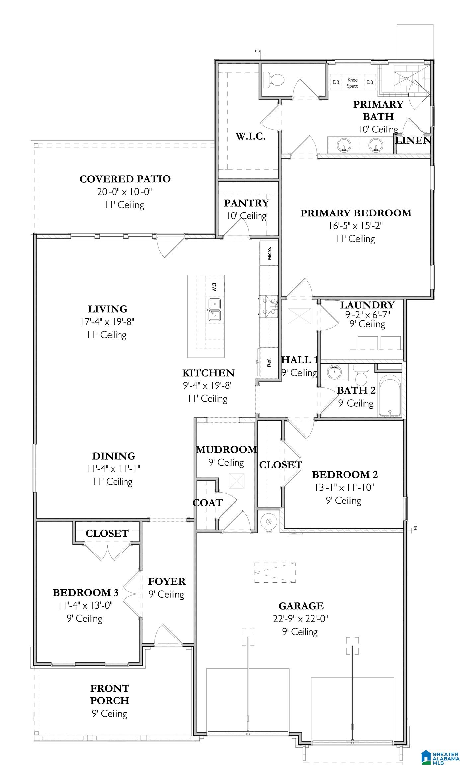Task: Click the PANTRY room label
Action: pyautogui.click(x=246, y=203)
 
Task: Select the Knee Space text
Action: pyautogui.click(x=353, y=83)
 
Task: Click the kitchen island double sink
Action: pyautogui.click(x=215, y=310)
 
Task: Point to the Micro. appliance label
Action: pyautogui.click(x=269, y=253)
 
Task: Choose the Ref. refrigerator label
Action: pyautogui.click(x=269, y=362)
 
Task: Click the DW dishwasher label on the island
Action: pyautogui.click(x=214, y=287)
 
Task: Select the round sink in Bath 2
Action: pyautogui.click(x=334, y=372)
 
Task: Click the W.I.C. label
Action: pyautogui.click(x=251, y=136)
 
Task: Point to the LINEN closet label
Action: pyautogui.click(x=413, y=140)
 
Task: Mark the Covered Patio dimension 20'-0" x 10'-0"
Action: pyautogui.click(x=124, y=192)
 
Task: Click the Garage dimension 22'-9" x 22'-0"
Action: pyautogui.click(x=301, y=619)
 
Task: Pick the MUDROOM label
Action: pyautogui.click(x=226, y=450)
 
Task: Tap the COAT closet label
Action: pyautogui.click(x=208, y=503)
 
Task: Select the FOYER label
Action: pyautogui.click(x=167, y=581)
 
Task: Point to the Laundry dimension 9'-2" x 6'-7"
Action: pyautogui.click(x=367, y=314)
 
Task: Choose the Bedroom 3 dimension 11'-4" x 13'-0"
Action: pyautogui.click(x=85, y=605)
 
